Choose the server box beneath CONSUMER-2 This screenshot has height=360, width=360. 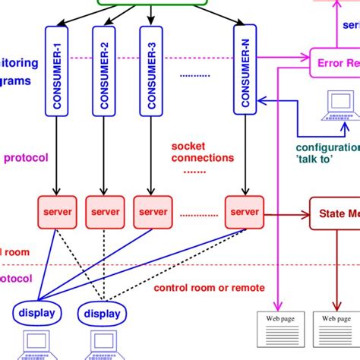pos(104,210)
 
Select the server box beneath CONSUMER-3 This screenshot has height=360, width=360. pos(152,210)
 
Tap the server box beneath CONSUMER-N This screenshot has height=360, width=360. pos(244,210)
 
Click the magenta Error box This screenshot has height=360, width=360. pos(334,63)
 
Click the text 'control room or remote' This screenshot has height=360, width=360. pos(209,288)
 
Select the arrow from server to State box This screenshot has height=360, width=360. pos(286,210)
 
